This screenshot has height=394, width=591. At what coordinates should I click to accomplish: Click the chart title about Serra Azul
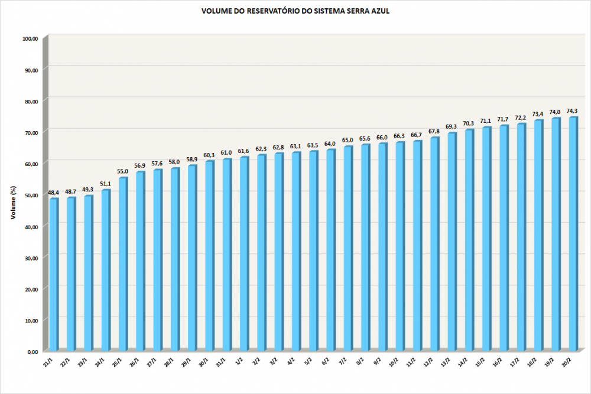click(295, 11)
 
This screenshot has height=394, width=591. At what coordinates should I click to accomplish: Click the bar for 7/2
click(348, 249)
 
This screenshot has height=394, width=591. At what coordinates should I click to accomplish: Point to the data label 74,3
click(572, 111)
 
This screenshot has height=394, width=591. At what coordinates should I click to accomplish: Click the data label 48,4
click(53, 193)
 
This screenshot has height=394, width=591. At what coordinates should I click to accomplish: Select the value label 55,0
click(122, 171)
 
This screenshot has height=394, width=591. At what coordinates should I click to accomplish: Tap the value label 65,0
click(348, 140)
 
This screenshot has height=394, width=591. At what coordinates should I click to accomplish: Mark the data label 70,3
click(468, 123)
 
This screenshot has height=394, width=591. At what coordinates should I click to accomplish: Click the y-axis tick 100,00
click(30, 39)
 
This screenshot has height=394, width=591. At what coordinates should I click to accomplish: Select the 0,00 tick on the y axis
click(33, 351)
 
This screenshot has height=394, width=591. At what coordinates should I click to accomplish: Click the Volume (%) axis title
click(12, 201)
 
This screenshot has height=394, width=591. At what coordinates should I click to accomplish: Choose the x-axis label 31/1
click(222, 362)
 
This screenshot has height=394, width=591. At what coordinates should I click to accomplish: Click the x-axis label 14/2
click(464, 362)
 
